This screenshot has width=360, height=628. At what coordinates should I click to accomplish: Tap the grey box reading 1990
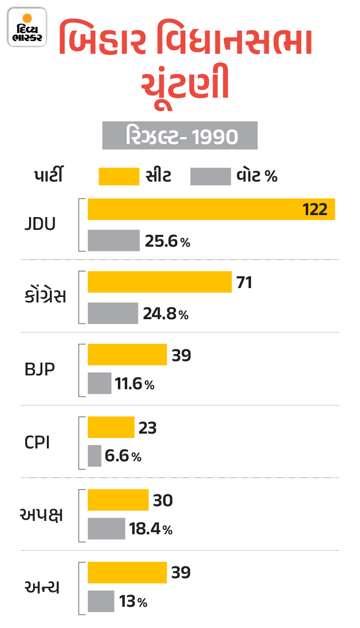click(x=180, y=136)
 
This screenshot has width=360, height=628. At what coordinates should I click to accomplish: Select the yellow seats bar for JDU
click(x=211, y=209)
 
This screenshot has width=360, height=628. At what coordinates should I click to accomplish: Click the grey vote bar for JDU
click(x=113, y=240)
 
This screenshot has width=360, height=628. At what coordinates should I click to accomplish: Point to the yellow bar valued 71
click(x=159, y=282)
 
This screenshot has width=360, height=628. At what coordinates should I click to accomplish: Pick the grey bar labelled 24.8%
click(x=112, y=313)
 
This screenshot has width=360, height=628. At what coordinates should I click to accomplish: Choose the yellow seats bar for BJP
click(x=127, y=355)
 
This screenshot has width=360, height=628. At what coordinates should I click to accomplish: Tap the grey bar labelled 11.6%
click(x=99, y=383)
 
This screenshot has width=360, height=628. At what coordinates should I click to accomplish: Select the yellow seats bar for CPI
click(x=111, y=427)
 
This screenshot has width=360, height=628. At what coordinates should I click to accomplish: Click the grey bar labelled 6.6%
click(x=94, y=456)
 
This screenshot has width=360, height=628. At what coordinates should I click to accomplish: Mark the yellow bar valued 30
click(x=118, y=500)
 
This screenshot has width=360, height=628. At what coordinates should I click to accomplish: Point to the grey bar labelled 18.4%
click(x=106, y=528)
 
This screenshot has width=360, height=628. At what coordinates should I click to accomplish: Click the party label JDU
click(x=40, y=224)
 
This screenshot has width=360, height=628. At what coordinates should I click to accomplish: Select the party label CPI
click(x=37, y=442)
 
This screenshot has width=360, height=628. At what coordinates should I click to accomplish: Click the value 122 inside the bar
click(x=315, y=209)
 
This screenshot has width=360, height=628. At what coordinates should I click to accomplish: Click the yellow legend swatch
click(x=119, y=177)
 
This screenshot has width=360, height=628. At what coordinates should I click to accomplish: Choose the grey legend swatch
click(x=211, y=177)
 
